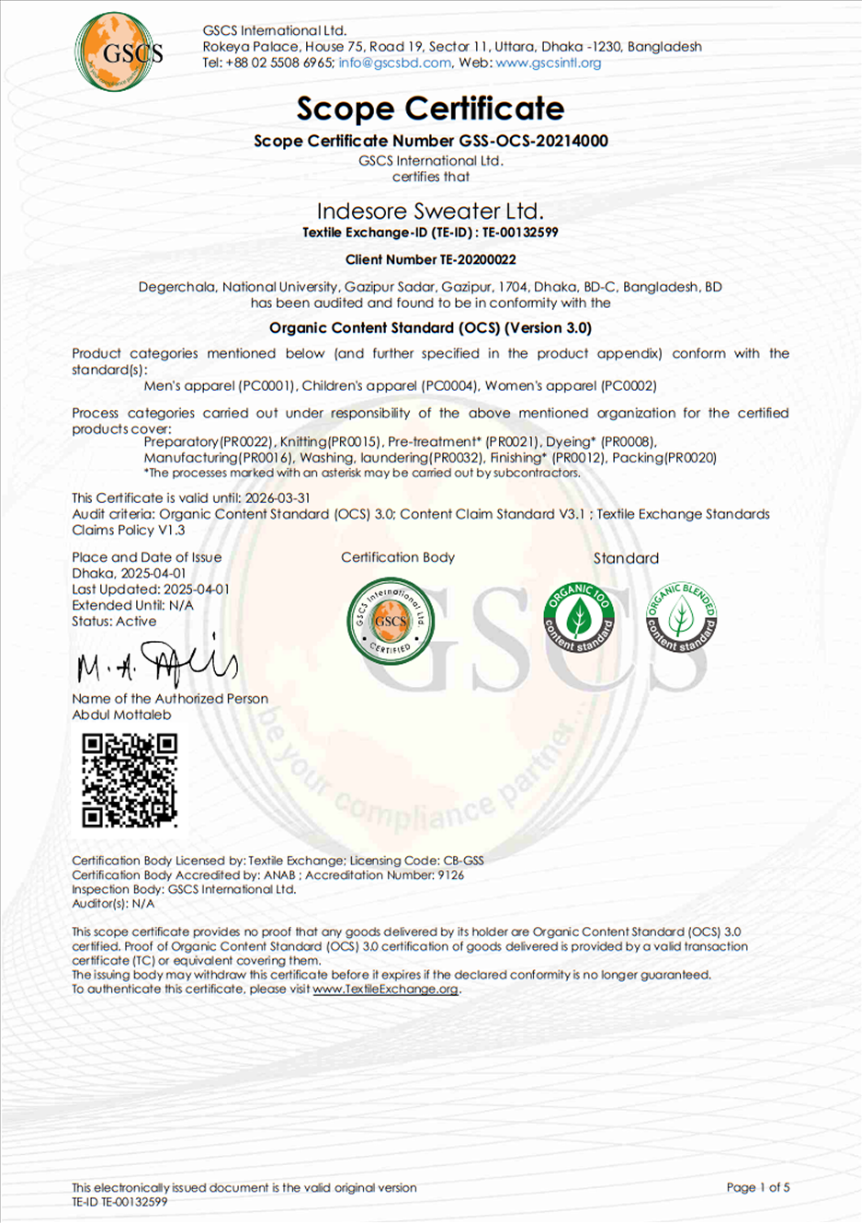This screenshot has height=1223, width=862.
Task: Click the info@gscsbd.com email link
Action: click(x=394, y=63)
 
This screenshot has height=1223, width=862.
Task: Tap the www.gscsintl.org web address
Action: click(x=548, y=63)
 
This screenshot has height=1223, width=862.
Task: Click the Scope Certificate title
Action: click(x=430, y=109)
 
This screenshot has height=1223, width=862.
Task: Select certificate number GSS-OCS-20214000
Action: click(x=533, y=141)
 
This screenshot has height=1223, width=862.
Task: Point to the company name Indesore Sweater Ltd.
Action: click(x=430, y=211)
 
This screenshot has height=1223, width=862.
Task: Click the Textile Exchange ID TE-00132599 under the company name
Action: click(x=520, y=233)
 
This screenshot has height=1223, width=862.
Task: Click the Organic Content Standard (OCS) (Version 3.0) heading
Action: click(x=430, y=327)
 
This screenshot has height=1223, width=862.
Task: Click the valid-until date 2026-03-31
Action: click(x=278, y=497)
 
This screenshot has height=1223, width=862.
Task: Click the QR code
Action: click(x=130, y=780)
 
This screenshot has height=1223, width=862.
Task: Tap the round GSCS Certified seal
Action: click(x=390, y=621)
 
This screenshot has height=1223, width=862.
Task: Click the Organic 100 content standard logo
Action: click(x=578, y=617)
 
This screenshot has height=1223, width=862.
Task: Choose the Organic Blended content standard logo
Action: click(x=681, y=617)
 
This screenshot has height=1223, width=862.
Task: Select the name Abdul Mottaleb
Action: click(x=121, y=714)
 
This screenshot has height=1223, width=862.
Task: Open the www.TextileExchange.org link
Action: click(x=385, y=989)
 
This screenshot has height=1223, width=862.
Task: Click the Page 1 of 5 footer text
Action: click(x=757, y=1187)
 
